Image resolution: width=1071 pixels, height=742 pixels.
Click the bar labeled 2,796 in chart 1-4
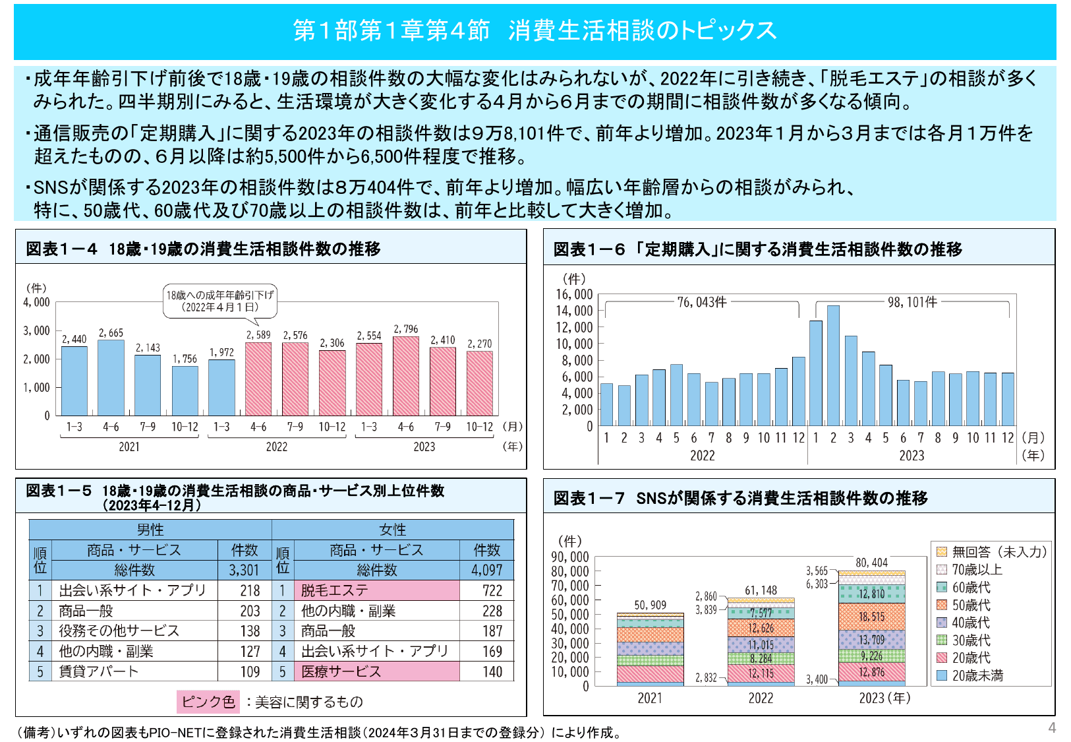coord(405,376)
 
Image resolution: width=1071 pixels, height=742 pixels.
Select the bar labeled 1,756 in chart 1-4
coord(185,390)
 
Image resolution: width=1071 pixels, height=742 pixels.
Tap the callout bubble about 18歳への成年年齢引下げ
coord(219,301)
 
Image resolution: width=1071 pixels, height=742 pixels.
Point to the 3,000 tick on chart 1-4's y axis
coord(37,330)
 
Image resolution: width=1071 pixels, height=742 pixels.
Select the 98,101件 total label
coord(912,302)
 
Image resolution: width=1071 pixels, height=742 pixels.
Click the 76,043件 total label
coord(702,302)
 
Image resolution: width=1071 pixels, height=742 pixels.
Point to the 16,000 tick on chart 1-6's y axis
coord(574,294)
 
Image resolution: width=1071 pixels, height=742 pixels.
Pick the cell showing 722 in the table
coord(492,590)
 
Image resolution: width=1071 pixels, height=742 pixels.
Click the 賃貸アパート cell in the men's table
coord(135,671)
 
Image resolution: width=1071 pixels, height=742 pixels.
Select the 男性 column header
coord(150,530)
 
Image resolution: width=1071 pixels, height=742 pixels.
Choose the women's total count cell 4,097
coord(486,570)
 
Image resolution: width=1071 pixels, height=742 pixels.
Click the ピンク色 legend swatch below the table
coord(208,702)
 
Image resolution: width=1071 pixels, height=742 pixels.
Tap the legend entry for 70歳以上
coord(976,570)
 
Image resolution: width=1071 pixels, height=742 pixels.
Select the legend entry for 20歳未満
coord(976,675)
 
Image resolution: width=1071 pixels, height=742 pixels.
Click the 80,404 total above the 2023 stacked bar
coord(871,563)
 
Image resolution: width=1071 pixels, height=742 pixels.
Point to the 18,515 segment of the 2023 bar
coord(871,617)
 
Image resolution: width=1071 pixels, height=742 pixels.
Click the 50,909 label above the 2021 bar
coord(650,605)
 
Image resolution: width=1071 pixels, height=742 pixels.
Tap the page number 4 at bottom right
coord(1052,727)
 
